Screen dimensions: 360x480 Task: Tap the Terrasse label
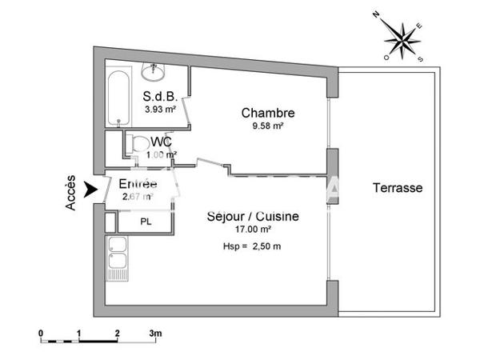397,188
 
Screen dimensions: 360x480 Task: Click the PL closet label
145,221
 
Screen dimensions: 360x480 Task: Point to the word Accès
72,193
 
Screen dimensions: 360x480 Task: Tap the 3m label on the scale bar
154,332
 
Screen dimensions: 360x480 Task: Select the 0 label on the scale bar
41,332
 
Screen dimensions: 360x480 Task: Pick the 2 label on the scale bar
117,332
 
